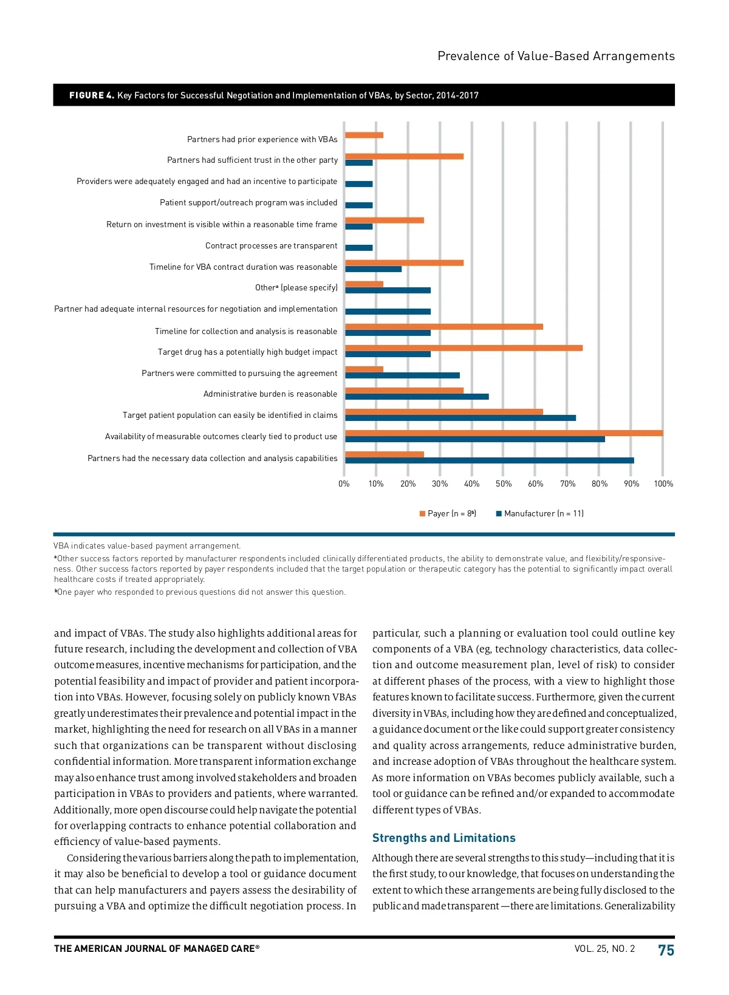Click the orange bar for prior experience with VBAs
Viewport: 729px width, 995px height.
[364, 135]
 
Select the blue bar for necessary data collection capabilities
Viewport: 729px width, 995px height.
[489, 460]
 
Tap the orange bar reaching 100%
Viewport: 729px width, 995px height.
[504, 433]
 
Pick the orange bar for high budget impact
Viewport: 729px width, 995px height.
[464, 348]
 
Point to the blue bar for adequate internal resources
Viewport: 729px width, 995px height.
[388, 312]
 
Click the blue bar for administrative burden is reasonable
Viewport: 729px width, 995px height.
[417, 397]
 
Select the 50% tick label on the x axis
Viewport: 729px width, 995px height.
[504, 484]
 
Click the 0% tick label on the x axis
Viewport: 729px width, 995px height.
[344, 484]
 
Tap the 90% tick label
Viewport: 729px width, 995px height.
[631, 484]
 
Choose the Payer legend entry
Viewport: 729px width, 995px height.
[448, 514]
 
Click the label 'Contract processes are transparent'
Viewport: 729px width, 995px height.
[271, 246]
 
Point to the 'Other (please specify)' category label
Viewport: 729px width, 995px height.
[296, 288]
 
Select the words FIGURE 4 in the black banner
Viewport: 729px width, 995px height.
[92, 95]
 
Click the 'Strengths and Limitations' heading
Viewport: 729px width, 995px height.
[443, 838]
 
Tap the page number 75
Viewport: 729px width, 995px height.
[666, 951]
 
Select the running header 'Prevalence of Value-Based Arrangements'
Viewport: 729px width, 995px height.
[556, 56]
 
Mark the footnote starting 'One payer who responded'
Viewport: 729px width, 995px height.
[200, 592]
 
